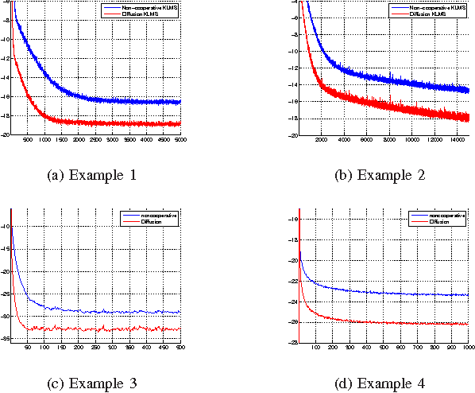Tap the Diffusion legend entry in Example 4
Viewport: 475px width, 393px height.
point(440,221)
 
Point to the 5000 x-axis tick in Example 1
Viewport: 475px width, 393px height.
point(180,140)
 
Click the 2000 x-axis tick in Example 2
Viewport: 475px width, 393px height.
point(322,140)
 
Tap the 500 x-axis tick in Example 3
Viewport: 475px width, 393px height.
point(180,348)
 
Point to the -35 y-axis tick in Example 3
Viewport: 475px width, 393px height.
point(6,342)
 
